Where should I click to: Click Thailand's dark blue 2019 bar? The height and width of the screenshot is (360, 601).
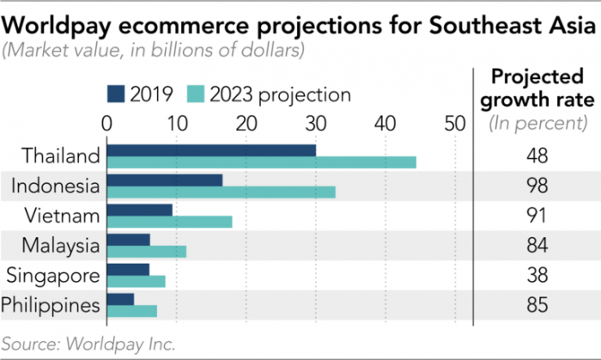[211, 150]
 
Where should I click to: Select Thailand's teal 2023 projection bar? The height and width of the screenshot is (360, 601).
[262, 162]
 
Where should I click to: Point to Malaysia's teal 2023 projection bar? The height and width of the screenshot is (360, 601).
[147, 251]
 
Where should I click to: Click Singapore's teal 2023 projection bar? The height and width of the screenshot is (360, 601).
[137, 280]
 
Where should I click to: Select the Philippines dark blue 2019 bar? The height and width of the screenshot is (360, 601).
[120, 298]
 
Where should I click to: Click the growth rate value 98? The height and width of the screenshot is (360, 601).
[538, 186]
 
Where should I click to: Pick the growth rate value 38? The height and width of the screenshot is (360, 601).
[538, 275]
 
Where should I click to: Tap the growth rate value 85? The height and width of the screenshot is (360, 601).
[538, 304]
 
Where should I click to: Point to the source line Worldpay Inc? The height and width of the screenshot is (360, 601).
[89, 344]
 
